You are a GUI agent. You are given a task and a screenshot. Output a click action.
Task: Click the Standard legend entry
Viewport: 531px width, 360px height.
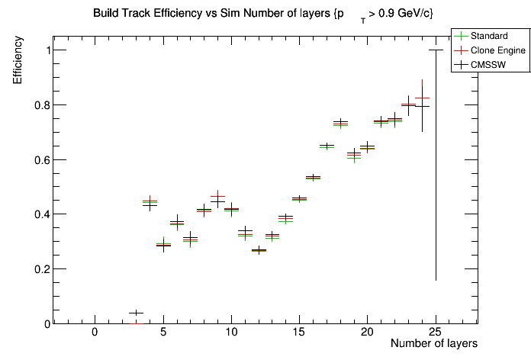[488, 36]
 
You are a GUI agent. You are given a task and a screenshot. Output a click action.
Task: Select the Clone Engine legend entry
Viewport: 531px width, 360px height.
[495, 50]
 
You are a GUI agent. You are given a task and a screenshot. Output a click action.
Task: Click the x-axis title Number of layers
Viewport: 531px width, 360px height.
[433, 344]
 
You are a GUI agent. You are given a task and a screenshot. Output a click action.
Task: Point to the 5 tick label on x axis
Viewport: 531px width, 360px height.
[163, 333]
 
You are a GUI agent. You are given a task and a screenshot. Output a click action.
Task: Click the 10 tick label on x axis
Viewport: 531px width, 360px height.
[230, 333]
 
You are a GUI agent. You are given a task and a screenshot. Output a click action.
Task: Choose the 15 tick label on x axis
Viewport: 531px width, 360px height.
[299, 333]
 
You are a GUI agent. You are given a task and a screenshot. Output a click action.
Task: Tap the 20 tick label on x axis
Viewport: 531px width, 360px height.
[367, 333]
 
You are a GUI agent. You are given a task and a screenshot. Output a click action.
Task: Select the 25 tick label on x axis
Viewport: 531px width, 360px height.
[436, 333]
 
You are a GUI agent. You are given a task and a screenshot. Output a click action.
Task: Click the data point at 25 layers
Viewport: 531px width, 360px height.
[436, 50]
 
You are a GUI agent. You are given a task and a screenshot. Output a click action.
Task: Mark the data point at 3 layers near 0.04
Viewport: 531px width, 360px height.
[136, 313]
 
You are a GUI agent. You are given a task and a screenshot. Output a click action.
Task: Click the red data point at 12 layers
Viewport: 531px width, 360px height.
[259, 250]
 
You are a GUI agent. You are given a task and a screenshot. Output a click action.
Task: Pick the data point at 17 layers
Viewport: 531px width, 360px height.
[327, 146]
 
